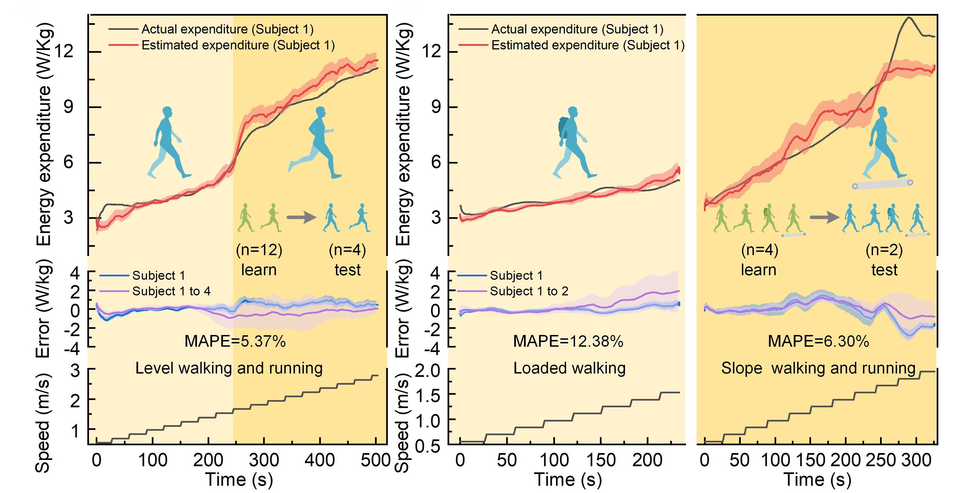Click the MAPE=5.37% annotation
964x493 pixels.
pos(235,341)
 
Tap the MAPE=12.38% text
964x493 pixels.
pos(568,341)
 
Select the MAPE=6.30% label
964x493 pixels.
pos(818,341)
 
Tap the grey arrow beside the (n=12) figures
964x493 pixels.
pos(301,217)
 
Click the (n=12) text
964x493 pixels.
pos(259,250)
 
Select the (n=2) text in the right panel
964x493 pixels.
pos(884,250)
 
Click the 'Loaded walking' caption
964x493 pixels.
pos(569,368)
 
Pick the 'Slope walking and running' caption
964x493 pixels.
pos(818,368)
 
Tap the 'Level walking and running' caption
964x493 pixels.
pos(229,368)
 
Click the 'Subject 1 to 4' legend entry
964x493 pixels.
pos(171,291)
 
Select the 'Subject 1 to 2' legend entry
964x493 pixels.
pos(529,291)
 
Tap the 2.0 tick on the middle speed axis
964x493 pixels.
pos(427,371)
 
